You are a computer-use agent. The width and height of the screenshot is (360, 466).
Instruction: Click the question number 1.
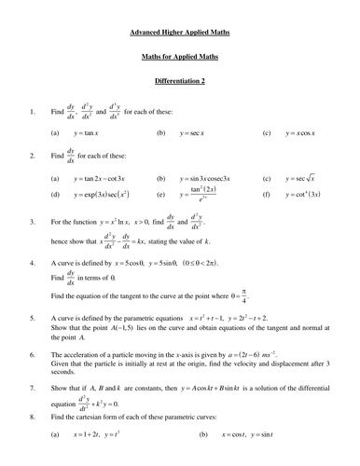33,114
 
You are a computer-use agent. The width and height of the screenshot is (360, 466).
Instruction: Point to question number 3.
33,223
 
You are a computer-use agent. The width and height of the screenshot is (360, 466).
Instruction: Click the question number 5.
33,318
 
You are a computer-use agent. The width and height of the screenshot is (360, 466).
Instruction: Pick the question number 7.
33,383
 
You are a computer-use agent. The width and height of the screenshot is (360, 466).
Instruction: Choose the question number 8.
33,416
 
